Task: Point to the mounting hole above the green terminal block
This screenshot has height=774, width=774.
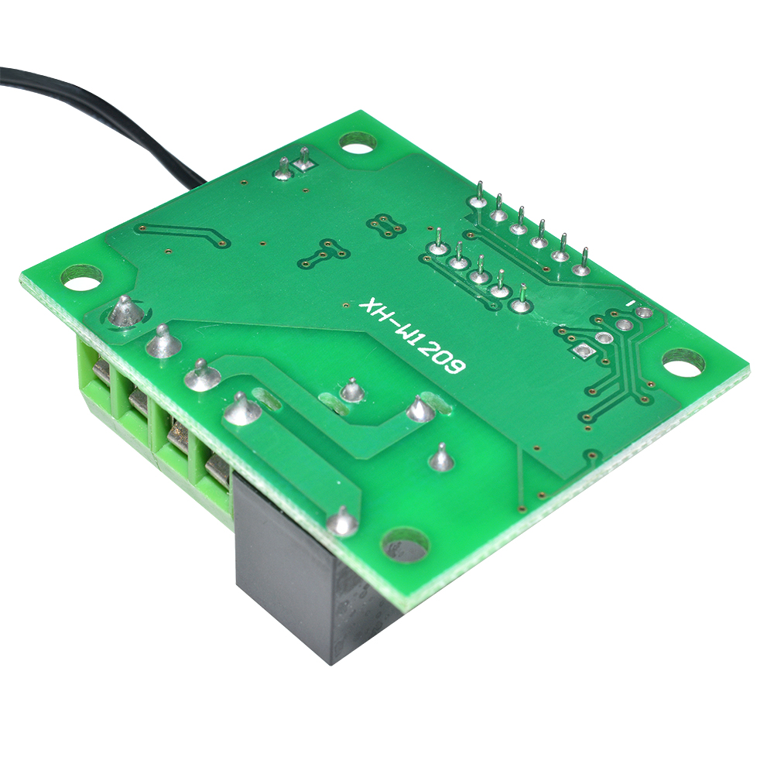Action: coord(80,276)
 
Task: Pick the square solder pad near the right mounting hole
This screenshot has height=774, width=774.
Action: coord(584,350)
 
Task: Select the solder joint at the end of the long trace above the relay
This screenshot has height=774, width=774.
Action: coord(343,520)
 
